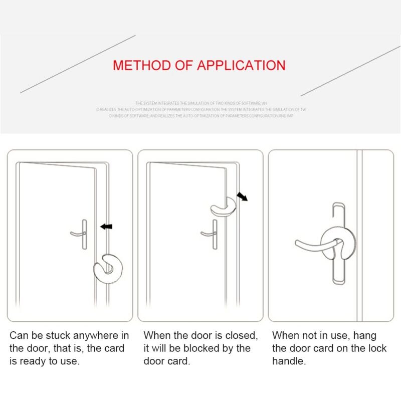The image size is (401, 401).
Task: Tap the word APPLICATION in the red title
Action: [x=241, y=65]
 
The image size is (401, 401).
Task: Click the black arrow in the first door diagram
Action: [x=106, y=227]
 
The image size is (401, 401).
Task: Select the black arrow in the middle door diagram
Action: [x=242, y=196]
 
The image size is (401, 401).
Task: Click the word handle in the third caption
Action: [x=289, y=361]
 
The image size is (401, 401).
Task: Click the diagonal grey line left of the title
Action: [x=78, y=64]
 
